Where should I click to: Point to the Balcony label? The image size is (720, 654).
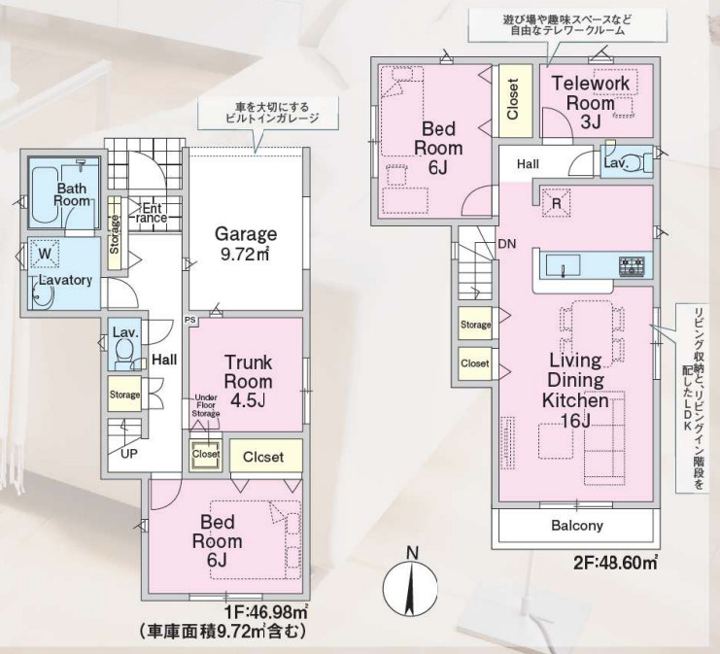[x=577, y=526]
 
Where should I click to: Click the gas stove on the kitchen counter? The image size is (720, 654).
[x=632, y=264]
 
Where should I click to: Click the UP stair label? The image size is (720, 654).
[x=128, y=453]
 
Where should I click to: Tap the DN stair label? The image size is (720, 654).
[x=506, y=244]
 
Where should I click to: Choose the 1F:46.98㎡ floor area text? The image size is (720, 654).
[x=266, y=611]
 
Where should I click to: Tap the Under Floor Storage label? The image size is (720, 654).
[x=205, y=406]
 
